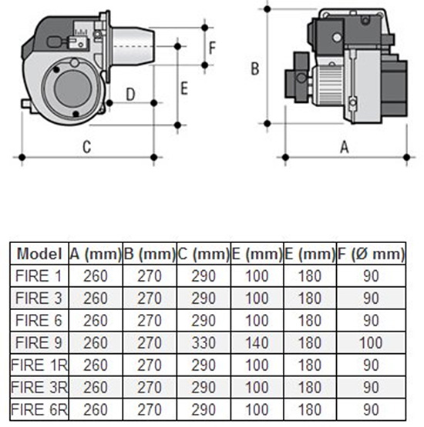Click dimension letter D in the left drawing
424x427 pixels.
tap(130, 95)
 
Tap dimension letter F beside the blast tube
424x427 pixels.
tap(212, 48)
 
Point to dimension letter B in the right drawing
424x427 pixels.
tap(255, 68)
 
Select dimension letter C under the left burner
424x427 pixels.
tap(87, 147)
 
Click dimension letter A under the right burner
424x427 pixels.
tap(345, 147)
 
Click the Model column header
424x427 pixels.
tap(39, 254)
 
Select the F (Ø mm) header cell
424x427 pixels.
tap(371, 254)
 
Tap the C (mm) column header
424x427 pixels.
tap(204, 254)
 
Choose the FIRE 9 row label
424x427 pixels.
tap(39, 342)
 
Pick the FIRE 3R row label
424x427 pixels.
tap(39, 387)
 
